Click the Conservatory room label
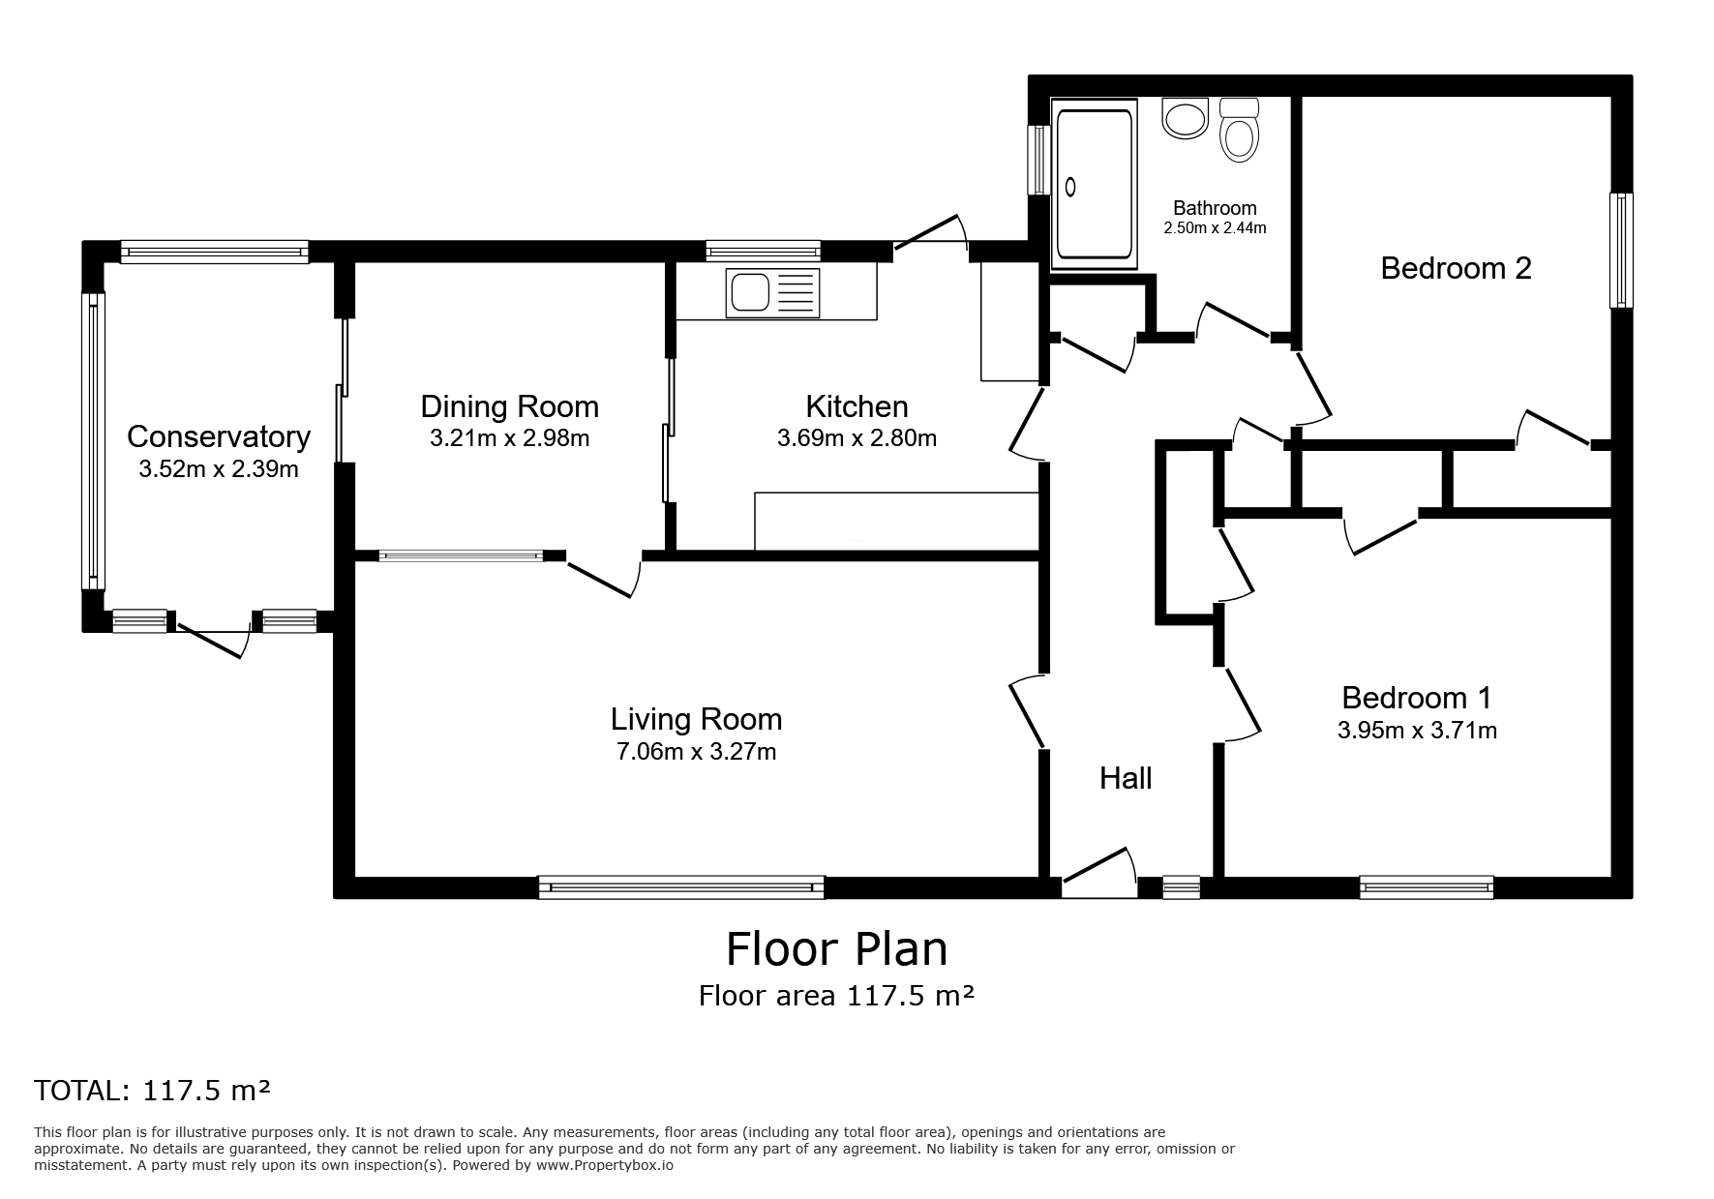click(219, 436)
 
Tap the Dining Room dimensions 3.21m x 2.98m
click(510, 438)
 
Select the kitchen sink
click(773, 292)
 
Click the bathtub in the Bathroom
click(1094, 184)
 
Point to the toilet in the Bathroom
click(1239, 129)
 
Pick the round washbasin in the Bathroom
click(1185, 118)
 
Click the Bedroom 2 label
click(1456, 268)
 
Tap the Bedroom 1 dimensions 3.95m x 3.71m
click(1417, 730)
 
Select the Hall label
click(1126, 778)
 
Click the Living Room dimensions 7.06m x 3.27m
click(697, 751)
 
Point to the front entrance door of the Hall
click(1099, 873)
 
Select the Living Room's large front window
click(681, 886)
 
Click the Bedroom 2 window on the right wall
click(1621, 251)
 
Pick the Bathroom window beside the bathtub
click(1039, 160)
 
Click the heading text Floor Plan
click(837, 949)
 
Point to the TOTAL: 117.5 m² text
click(152, 1091)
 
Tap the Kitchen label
click(857, 406)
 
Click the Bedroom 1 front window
click(1427, 886)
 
